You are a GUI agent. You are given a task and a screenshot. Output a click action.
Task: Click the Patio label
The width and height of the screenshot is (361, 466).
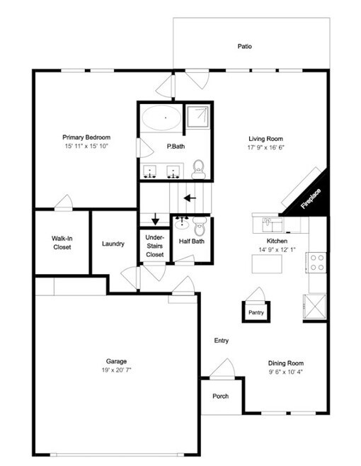pyautogui.click(x=244, y=46)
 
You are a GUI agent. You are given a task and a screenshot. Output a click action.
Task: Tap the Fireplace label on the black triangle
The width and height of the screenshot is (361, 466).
pyautogui.click(x=311, y=198)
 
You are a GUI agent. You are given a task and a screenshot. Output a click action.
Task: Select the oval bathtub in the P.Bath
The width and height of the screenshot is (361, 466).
pyautogui.click(x=161, y=118)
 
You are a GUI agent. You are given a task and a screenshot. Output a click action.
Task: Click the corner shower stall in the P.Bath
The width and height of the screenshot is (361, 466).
pyautogui.click(x=197, y=116)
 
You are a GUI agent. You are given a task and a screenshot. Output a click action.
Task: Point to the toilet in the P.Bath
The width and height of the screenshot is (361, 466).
pyautogui.click(x=198, y=169)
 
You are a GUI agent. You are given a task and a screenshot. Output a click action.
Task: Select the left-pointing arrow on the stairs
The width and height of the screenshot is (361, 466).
pyautogui.click(x=190, y=198)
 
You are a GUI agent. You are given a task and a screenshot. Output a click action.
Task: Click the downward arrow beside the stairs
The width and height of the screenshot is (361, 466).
pyautogui.click(x=156, y=220)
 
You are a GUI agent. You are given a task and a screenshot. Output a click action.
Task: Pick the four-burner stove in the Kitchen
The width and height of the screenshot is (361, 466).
pyautogui.click(x=316, y=263)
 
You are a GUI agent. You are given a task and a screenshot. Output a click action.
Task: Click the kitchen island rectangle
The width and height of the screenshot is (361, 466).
pyautogui.click(x=267, y=264)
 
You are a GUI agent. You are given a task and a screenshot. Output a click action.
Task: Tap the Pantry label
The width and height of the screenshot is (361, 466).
pyautogui.click(x=256, y=312)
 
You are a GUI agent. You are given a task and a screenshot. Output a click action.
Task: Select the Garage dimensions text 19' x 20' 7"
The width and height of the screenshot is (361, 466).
pyautogui.click(x=117, y=370)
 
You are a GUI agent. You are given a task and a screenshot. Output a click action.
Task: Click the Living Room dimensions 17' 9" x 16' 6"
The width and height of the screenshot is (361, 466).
pyautogui.click(x=266, y=147)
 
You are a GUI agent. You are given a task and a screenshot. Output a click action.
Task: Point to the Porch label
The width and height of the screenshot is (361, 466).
pyautogui.click(x=220, y=396)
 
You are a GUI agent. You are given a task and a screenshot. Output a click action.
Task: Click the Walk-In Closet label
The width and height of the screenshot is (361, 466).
pyautogui.click(x=62, y=242)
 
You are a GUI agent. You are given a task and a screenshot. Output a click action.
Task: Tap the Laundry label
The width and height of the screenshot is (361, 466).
pyautogui.click(x=113, y=244)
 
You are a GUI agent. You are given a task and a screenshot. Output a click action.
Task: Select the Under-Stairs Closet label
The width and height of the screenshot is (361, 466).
pyautogui.click(x=154, y=246)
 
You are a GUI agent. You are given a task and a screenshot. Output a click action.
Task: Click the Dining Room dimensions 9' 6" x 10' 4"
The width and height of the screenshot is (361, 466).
pyautogui.click(x=286, y=372)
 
